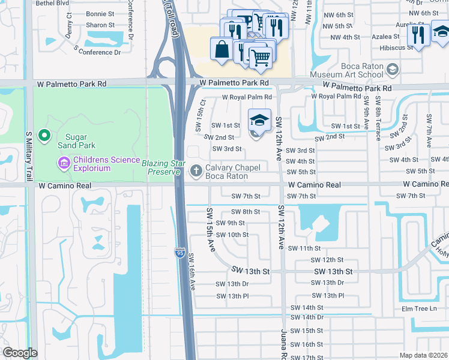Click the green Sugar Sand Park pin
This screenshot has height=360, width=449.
(x=44, y=136)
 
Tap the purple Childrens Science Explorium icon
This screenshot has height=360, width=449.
(x=63, y=162)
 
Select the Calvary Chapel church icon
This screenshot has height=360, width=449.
(x=195, y=171)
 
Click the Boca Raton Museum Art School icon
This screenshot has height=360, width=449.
(x=392, y=70)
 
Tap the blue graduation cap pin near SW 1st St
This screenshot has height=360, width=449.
(x=259, y=120)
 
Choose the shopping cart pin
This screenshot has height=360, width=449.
(x=260, y=58)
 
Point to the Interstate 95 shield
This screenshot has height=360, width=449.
(x=180, y=254)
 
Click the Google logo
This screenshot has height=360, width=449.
(x=20, y=353)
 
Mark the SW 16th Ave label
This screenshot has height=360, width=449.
(x=192, y=272)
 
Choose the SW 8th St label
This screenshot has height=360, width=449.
(x=246, y=212)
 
